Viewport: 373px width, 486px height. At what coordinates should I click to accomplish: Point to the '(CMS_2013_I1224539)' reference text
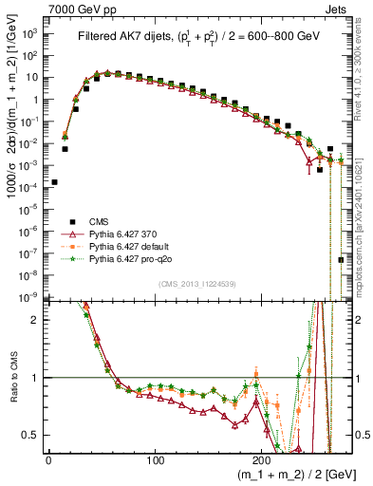click(198, 284)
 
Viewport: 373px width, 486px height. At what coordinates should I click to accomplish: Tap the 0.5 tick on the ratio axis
click(33, 435)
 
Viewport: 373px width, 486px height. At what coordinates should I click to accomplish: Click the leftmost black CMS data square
click(54, 182)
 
